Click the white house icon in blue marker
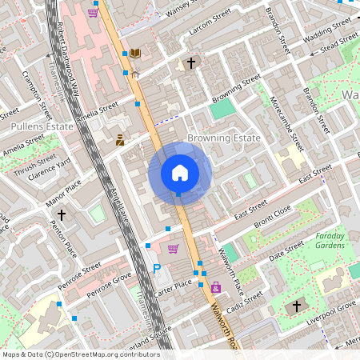click(180, 173)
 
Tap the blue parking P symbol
click(157, 270)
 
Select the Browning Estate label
click(223, 138)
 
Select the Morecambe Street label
click(287, 125)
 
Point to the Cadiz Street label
click(245, 305)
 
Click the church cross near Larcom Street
click(191, 62)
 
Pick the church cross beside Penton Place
click(61, 214)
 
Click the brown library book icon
click(134, 53)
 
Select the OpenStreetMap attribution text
click(81, 354)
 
